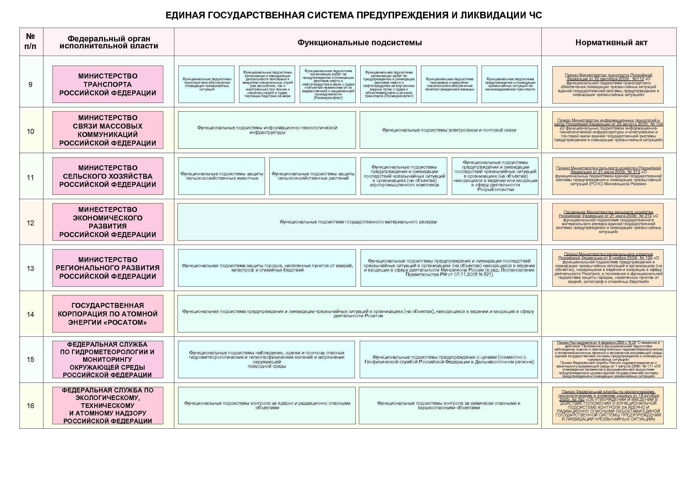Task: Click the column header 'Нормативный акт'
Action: pos(611,42)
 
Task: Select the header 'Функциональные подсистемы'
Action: pos(359,42)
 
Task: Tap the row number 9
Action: pos(30,85)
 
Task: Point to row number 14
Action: pos(30,315)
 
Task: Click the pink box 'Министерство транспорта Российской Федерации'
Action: pos(108,85)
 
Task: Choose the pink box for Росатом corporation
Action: pos(108,314)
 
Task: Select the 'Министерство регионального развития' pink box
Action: pos(108,268)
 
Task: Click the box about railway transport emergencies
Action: pos(510,84)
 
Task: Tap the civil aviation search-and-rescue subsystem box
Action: pos(449,84)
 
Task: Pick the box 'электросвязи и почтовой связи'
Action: pos(449,130)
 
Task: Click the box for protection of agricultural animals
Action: pos(222,176)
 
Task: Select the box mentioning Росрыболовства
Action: pos(495,176)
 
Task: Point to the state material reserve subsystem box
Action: pos(357,222)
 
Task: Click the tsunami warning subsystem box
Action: pos(449,360)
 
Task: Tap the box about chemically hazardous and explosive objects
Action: pos(448,405)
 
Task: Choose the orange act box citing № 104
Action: pos(608,130)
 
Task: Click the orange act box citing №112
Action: pos(608,85)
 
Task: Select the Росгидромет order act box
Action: pos(608,360)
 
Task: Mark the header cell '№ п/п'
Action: pos(30,41)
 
